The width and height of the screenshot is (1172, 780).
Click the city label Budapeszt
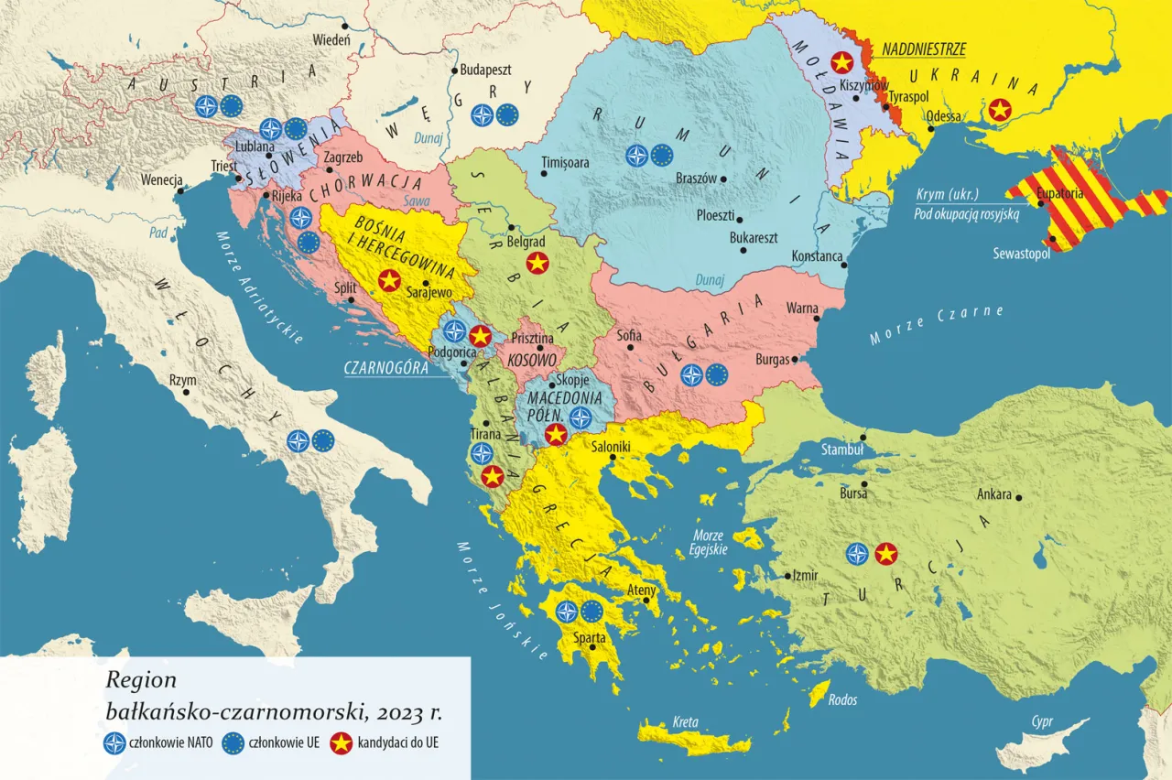487,70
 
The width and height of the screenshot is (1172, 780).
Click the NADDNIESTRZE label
924,50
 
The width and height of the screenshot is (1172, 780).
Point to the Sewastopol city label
1021,254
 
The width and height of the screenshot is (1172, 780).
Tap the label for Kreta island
686,720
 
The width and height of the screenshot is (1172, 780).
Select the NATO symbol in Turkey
857,553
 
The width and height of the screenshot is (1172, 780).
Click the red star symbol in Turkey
885,553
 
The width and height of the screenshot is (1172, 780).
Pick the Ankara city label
994,494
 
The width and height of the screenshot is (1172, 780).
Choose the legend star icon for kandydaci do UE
342,743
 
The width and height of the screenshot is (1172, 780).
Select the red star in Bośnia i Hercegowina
389,280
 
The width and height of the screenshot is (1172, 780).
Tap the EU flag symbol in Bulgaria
716,374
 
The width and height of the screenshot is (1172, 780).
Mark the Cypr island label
1041,721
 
